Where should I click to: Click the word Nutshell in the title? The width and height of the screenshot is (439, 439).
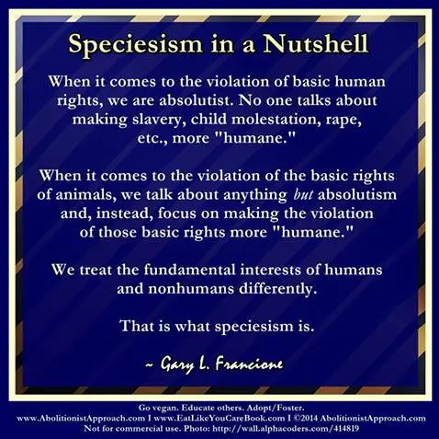click(315, 43)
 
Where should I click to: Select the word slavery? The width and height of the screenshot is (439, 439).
click(158, 121)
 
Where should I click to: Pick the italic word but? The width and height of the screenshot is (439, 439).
click(302, 194)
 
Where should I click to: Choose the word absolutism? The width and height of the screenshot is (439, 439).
click(357, 194)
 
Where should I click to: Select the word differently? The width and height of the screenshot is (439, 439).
click(277, 289)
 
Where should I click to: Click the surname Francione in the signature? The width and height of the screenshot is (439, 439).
click(249, 364)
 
